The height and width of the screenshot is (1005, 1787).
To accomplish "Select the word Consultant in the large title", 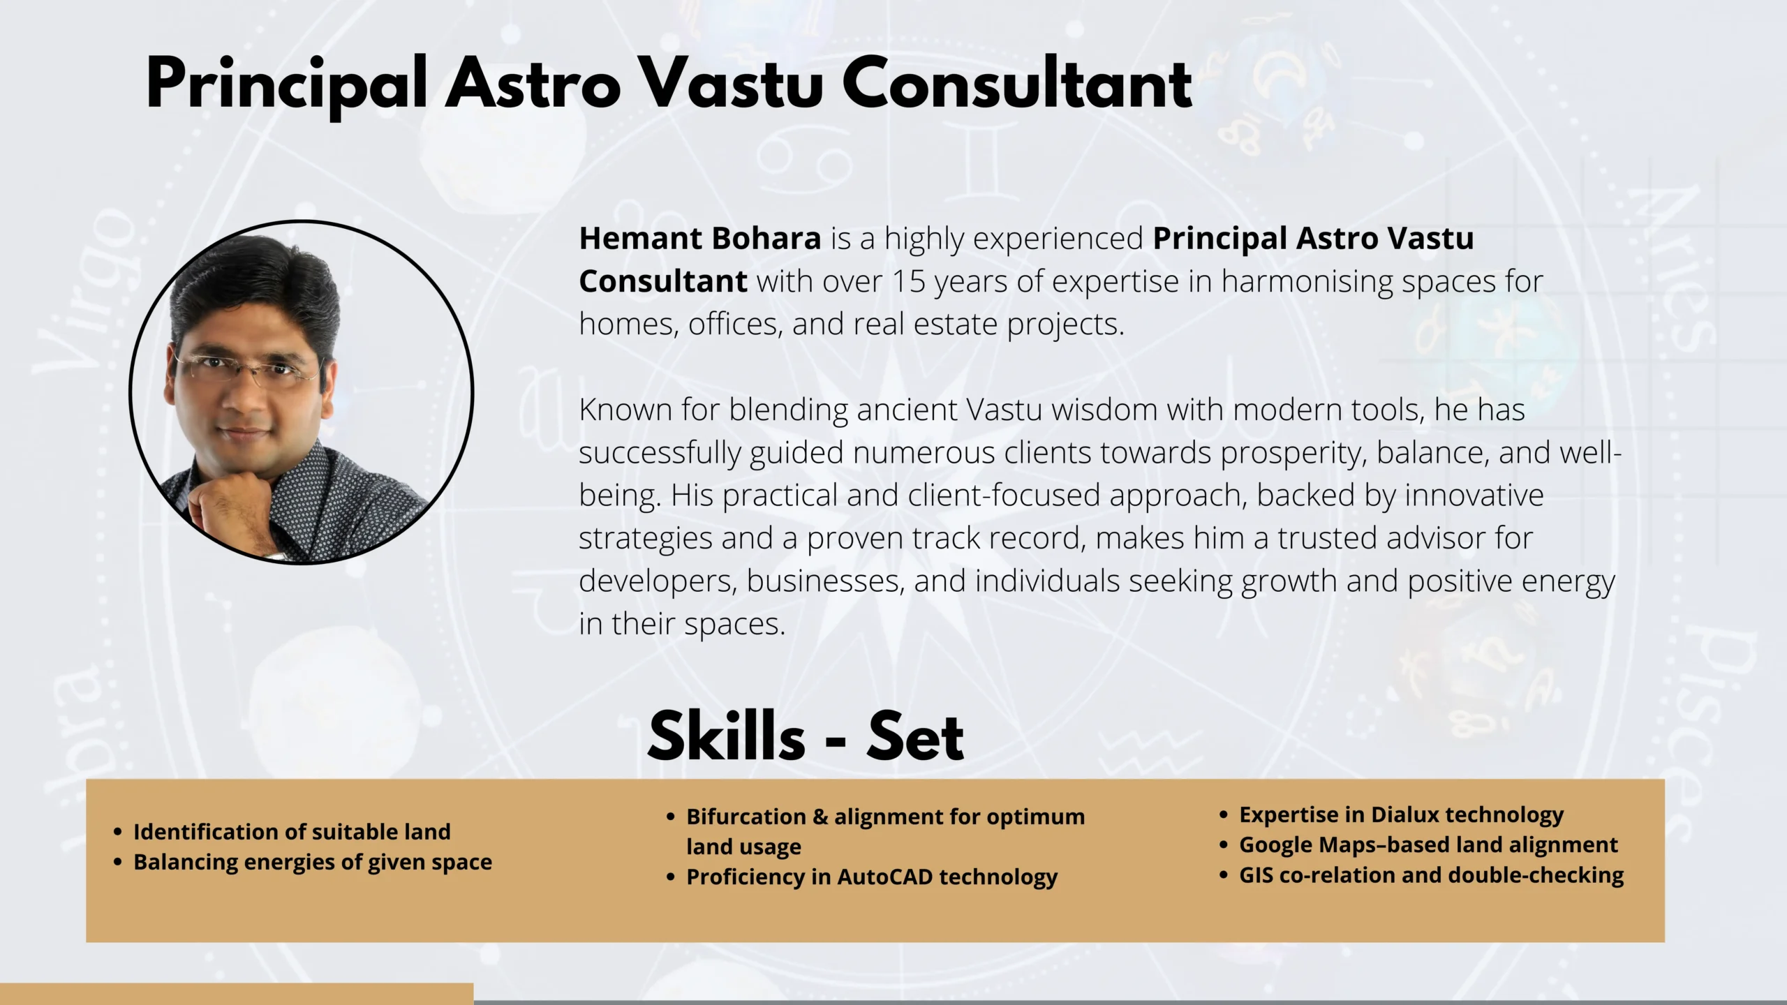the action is click(x=1016, y=84).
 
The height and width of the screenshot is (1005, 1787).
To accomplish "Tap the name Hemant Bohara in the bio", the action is click(x=700, y=239).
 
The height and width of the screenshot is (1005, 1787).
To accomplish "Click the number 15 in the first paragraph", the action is click(x=908, y=282).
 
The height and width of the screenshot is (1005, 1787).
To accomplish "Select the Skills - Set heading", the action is click(x=806, y=736).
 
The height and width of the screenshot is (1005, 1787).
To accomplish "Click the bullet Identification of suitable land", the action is click(x=292, y=832).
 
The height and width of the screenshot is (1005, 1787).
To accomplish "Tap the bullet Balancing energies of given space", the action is click(x=313, y=863).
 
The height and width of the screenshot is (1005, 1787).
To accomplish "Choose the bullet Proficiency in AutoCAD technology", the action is click(x=872, y=877).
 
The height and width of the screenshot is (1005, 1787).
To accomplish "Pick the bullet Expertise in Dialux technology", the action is click(x=1401, y=815).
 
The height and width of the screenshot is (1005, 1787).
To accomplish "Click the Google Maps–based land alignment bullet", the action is click(x=1428, y=845).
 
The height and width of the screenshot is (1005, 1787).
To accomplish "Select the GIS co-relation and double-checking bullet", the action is click(x=1431, y=875).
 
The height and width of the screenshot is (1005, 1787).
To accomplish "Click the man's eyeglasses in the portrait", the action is click(x=246, y=368).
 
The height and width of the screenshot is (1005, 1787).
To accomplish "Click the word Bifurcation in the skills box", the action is click(x=746, y=817).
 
